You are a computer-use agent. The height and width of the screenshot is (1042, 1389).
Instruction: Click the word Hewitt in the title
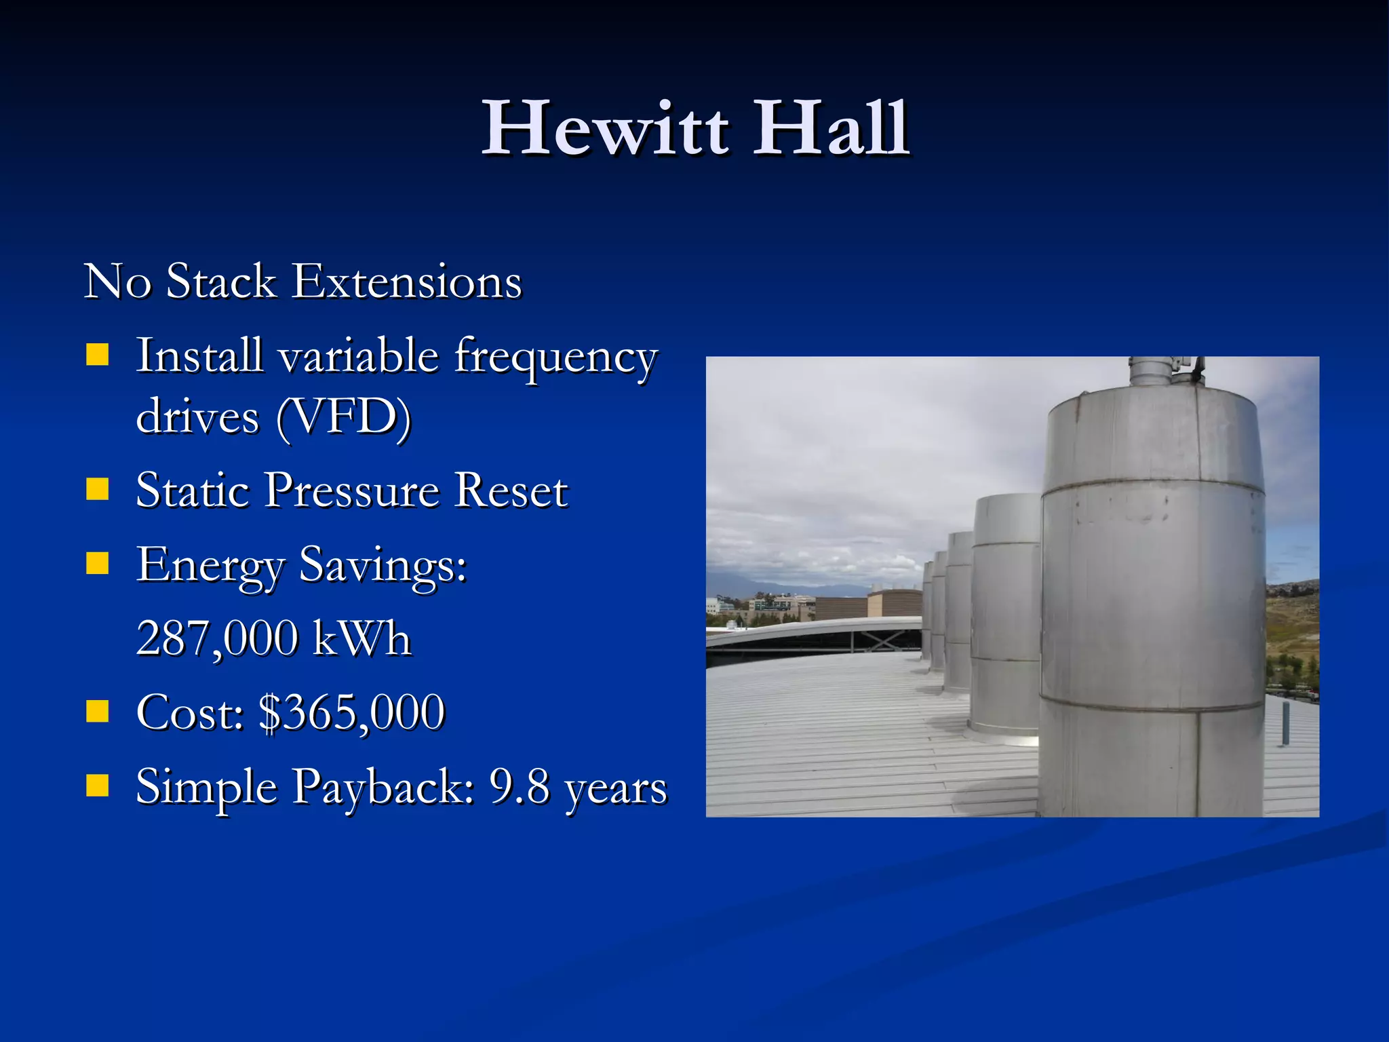click(x=606, y=129)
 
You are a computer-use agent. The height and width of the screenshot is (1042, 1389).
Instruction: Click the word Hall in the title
click(x=831, y=129)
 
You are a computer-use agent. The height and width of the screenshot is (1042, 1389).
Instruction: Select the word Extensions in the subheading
click(x=407, y=282)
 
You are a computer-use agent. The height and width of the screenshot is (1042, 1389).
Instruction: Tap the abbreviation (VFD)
click(x=343, y=417)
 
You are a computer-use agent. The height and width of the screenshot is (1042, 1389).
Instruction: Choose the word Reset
click(x=511, y=490)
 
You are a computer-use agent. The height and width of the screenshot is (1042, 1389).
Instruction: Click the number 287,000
click(x=217, y=638)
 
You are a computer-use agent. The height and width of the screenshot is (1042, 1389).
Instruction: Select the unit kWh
click(x=361, y=638)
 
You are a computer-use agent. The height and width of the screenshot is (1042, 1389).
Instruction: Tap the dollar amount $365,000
click(x=352, y=713)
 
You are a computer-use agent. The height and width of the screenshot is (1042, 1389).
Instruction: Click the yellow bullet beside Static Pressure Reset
click(x=98, y=489)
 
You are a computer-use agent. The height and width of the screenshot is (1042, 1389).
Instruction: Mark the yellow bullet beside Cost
click(x=98, y=712)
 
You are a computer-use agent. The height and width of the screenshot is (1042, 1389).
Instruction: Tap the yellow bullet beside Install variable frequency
click(x=98, y=355)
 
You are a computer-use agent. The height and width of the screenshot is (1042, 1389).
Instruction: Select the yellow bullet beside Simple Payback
click(x=98, y=786)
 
